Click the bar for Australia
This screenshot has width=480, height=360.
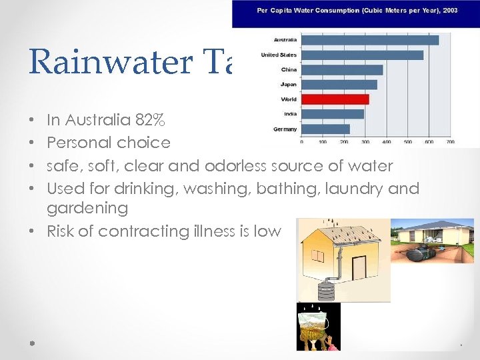tap(370, 40)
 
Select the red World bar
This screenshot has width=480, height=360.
tap(335, 99)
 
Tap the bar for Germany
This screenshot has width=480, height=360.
tap(325, 129)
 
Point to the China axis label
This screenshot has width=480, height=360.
tap(289, 69)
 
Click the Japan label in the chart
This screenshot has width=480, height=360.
tap(289, 85)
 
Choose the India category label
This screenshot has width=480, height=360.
tap(289, 114)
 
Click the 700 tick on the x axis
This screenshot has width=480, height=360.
tap(450, 142)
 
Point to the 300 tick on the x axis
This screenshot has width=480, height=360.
tap(365, 142)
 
